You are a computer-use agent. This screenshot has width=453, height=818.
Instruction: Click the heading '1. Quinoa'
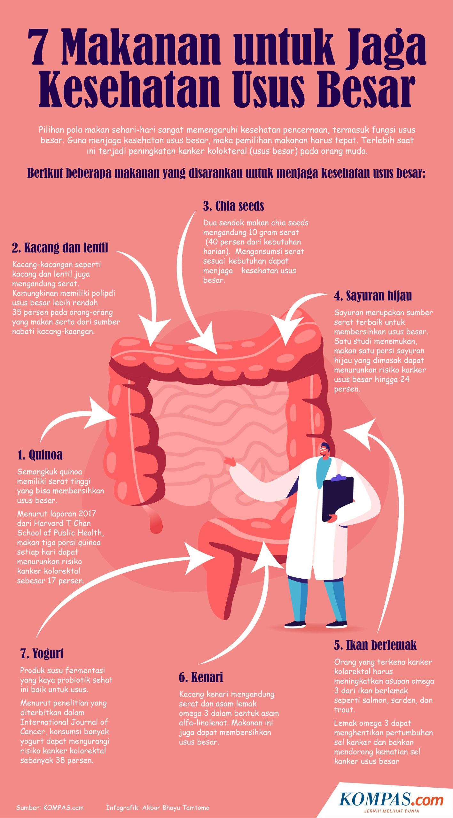tap(40, 455)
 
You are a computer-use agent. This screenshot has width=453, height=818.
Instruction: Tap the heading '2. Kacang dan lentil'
tap(60, 248)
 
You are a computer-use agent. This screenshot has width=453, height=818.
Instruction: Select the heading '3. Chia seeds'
tap(233, 206)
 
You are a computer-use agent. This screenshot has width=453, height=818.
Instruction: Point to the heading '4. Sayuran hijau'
tap(373, 296)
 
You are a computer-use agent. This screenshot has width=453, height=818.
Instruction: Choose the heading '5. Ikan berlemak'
tap(375, 645)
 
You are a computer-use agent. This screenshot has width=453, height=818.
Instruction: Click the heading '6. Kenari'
tap(201, 677)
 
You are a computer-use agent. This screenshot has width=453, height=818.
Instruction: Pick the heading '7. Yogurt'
tap(42, 653)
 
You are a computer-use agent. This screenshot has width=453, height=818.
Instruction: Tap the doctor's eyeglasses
tap(324, 449)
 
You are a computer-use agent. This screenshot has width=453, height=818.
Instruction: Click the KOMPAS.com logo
tap(391, 799)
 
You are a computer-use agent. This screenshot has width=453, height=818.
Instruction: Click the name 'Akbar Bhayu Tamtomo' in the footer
tap(176, 808)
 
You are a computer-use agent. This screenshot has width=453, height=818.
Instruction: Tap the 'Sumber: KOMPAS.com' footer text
tap(50, 808)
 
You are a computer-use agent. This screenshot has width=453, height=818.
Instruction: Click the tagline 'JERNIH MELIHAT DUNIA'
tap(391, 811)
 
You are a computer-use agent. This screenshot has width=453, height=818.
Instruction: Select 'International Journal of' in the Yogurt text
tap(64, 722)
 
